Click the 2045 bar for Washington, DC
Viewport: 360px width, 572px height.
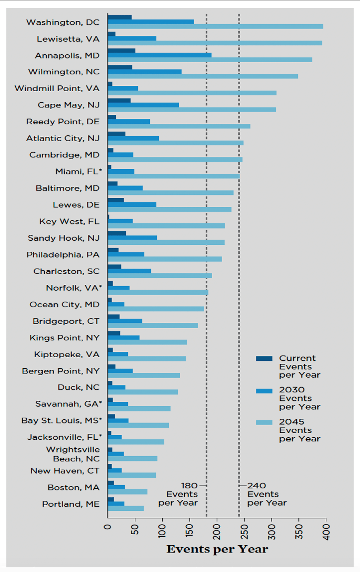215,26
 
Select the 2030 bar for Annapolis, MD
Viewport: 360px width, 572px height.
159,55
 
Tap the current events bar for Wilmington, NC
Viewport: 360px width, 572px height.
119,67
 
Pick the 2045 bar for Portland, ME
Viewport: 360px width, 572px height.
125,508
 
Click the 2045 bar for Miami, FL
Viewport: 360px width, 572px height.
173,176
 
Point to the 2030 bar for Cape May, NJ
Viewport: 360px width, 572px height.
143,105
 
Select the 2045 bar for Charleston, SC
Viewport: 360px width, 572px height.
159,275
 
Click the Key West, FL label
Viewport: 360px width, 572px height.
69,221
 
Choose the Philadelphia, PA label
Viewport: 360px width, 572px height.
63,254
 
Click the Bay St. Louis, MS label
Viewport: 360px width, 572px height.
62,420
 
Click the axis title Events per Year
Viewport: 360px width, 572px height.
217,549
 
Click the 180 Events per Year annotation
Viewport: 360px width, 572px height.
179,494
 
